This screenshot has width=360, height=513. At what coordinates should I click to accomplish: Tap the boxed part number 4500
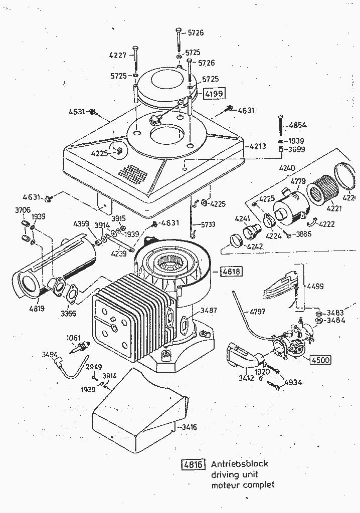tap(321, 360)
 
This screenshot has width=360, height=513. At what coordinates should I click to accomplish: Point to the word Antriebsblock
tap(240, 464)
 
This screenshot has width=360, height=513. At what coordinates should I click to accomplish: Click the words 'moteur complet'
tap(243, 484)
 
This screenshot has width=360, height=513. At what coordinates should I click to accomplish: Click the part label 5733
tap(210, 224)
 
